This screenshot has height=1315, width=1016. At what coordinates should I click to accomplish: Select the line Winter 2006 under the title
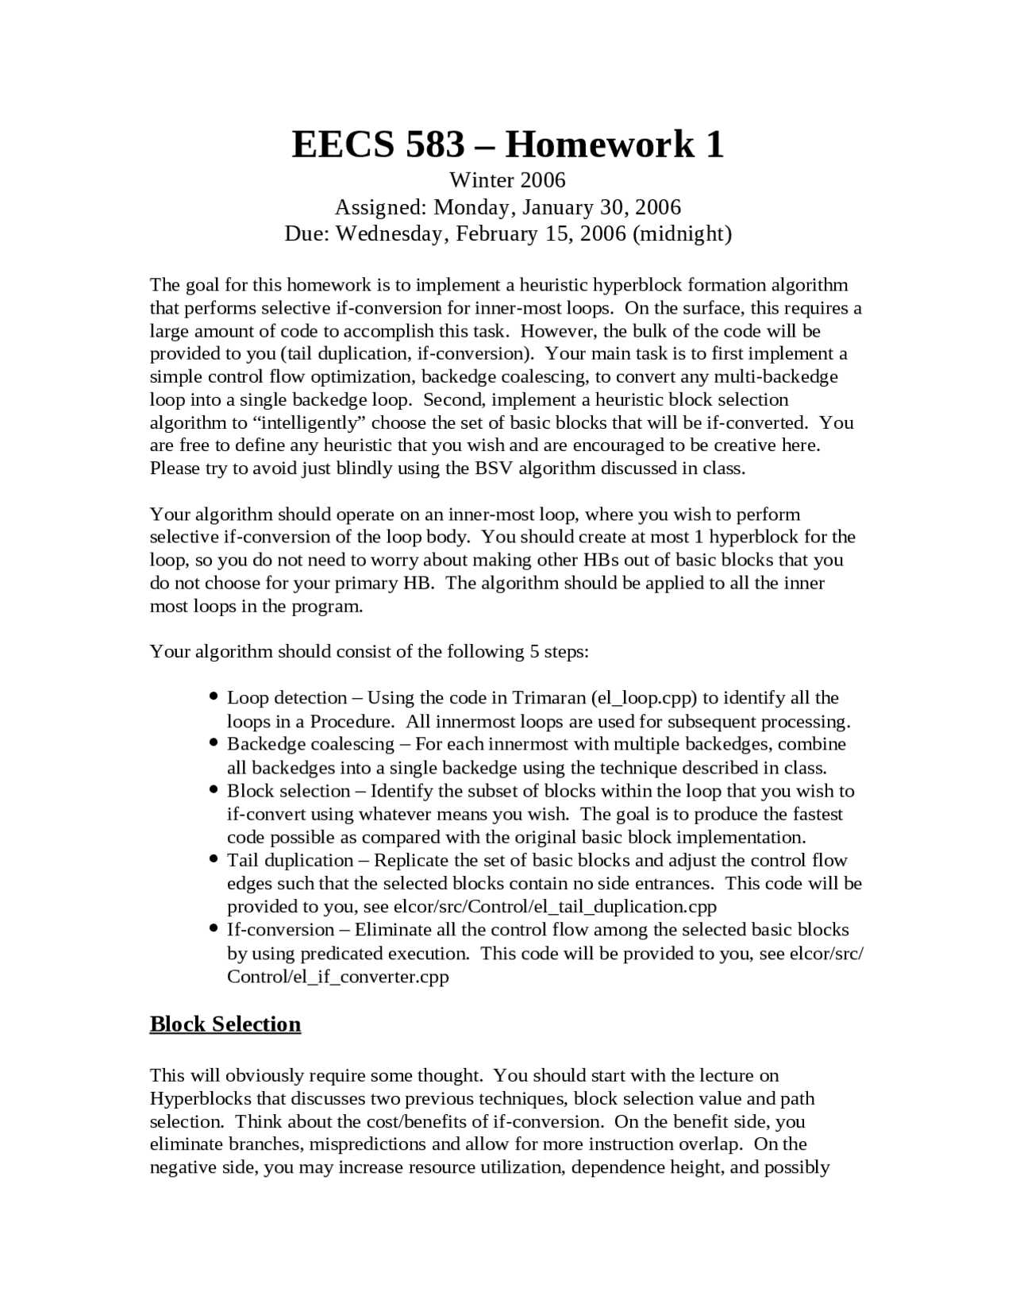coord(507,180)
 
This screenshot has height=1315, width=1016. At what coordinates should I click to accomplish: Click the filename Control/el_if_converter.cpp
coord(337,976)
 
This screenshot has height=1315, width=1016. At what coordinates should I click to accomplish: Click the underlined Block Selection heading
coord(225,1024)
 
